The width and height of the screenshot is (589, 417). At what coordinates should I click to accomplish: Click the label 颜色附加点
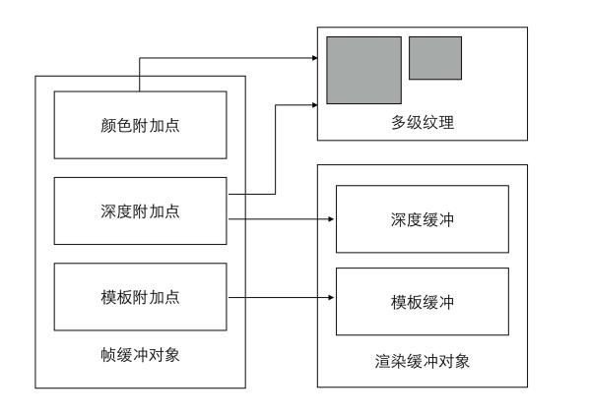click(140, 125)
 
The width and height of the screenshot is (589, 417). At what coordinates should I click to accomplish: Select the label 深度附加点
click(140, 211)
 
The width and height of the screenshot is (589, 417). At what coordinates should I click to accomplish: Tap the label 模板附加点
click(140, 297)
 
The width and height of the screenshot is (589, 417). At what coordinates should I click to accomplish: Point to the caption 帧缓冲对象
click(140, 355)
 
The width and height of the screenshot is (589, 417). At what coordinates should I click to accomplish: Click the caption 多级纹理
click(423, 122)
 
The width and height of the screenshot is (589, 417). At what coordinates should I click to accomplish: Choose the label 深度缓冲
click(423, 219)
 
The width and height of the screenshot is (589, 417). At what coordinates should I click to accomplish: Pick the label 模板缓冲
click(423, 302)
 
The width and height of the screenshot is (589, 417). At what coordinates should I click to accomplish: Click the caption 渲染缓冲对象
click(423, 361)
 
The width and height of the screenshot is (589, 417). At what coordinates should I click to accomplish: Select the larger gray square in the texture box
click(364, 70)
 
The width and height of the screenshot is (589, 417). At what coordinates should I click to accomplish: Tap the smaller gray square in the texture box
click(435, 58)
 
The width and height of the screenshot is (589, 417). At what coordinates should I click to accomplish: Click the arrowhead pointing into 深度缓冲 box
click(331, 219)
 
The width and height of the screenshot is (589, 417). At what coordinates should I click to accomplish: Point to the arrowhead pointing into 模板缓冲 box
click(331, 298)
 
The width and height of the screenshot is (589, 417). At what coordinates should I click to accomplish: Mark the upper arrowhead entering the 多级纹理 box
click(314, 58)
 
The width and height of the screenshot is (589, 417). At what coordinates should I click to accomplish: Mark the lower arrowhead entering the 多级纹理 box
click(314, 105)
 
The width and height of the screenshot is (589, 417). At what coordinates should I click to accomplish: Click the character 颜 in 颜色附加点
click(108, 125)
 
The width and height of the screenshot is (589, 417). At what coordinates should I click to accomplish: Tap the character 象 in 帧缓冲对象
click(172, 355)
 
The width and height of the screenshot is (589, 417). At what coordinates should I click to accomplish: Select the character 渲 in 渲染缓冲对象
click(383, 361)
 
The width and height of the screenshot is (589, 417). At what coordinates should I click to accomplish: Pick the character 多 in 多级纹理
click(399, 122)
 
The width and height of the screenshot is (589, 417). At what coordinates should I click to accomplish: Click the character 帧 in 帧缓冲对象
click(108, 355)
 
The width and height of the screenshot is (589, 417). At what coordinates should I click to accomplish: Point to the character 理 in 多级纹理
click(446, 122)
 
